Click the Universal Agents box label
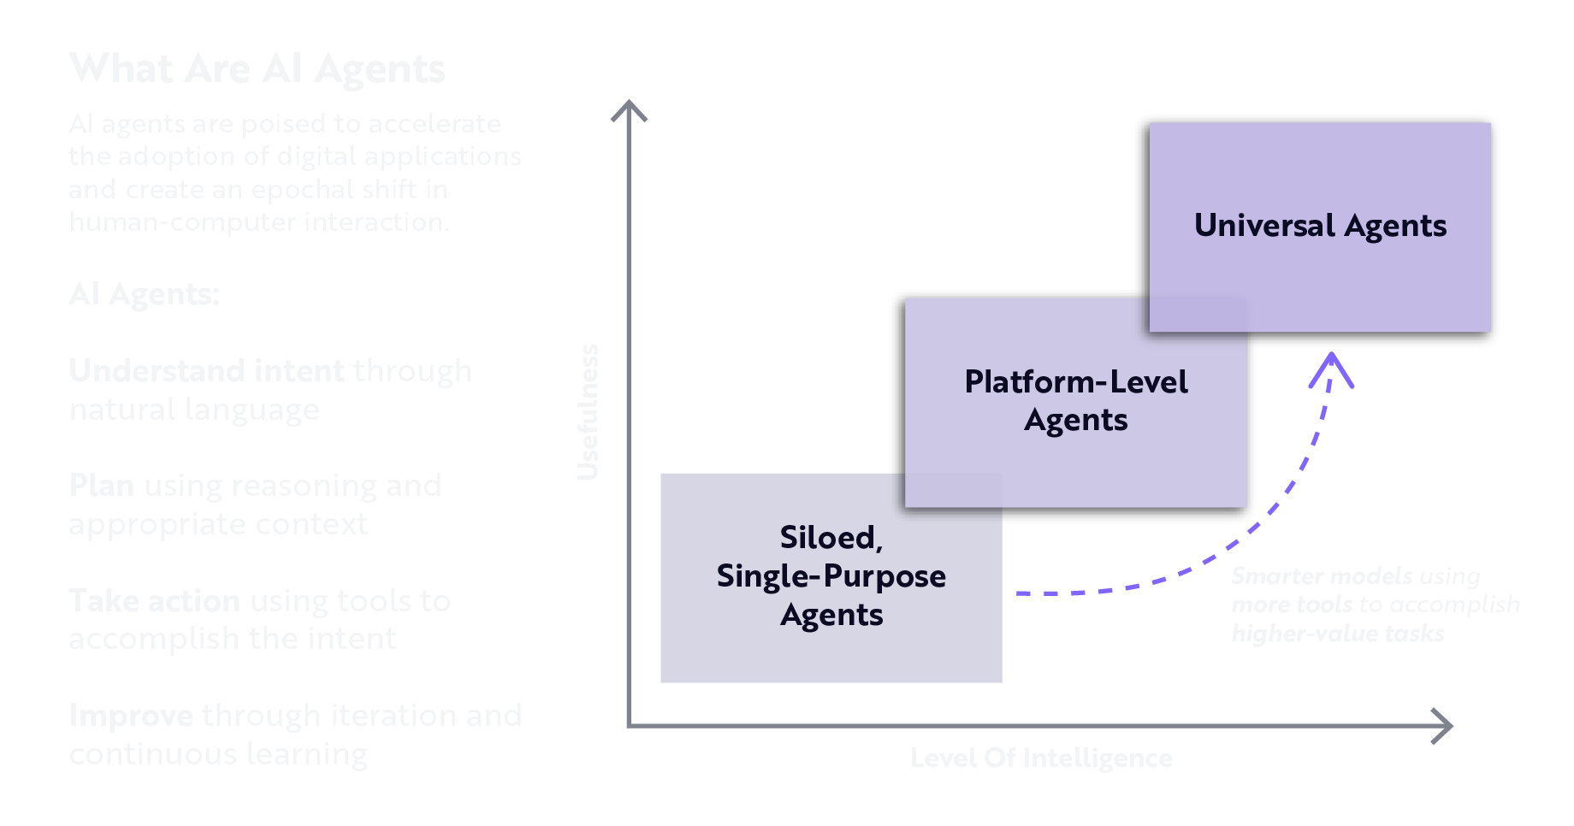tap(1320, 226)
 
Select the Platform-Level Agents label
tap(1075, 400)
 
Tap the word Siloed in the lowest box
tap(829, 538)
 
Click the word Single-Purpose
tap(831, 576)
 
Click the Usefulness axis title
tap(588, 411)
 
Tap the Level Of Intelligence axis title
tap(1041, 758)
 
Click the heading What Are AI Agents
tap(257, 68)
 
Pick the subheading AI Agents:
tap(144, 294)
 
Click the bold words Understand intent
tap(206, 371)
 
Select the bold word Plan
tap(101, 486)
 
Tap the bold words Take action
tap(154, 601)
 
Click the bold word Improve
tap(131, 716)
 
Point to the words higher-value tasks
tap(1337, 634)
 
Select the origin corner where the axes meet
tap(629, 726)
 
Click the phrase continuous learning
tap(218, 754)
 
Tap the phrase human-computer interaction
tap(258, 222)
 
